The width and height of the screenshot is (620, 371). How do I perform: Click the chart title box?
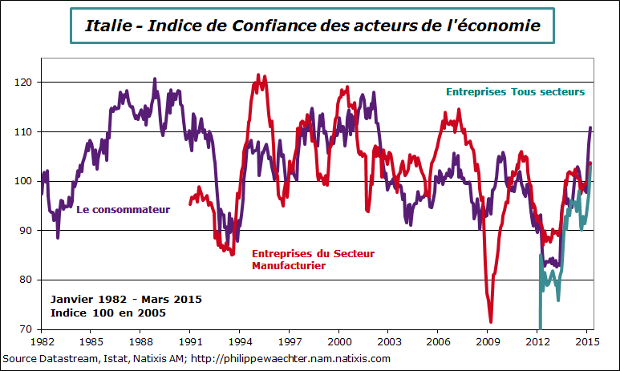[x=313, y=26]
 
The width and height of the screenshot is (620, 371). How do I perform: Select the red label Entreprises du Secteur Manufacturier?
[x=314, y=259]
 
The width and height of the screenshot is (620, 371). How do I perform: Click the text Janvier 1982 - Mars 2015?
[x=126, y=299]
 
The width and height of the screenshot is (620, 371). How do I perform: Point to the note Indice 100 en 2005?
[x=108, y=313]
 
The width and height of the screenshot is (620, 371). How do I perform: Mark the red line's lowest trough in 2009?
[x=491, y=321]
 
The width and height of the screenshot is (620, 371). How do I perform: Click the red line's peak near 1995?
[x=258, y=75]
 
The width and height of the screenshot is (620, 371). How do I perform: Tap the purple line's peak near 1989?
[x=155, y=79]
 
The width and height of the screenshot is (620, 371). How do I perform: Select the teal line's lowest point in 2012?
[x=540, y=327]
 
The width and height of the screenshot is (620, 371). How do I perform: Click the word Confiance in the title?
[x=274, y=26]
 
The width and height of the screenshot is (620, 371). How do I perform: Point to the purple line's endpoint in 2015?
[x=591, y=127]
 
